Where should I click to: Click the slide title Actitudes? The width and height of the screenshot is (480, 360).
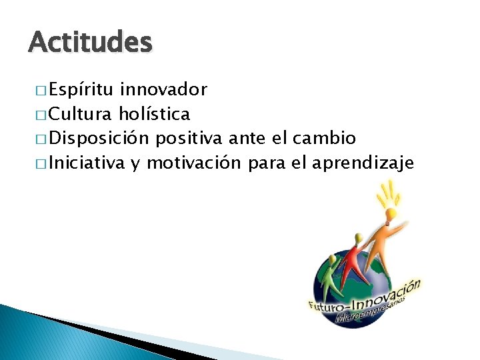pos(91,43)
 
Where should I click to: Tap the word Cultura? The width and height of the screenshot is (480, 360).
pos(82,114)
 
